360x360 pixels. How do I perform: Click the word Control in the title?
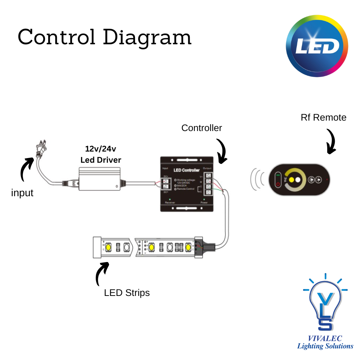coord(57,37)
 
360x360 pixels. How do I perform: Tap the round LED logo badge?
coord(317,46)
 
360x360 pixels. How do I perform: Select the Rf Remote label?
coord(323,117)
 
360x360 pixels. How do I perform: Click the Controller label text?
coord(202,128)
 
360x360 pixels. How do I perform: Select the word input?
coord(22,193)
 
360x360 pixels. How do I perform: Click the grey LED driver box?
coord(100,179)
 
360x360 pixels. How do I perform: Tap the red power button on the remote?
coord(278,185)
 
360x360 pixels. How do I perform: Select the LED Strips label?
coord(127,293)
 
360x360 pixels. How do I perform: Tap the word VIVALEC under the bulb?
coord(325,338)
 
